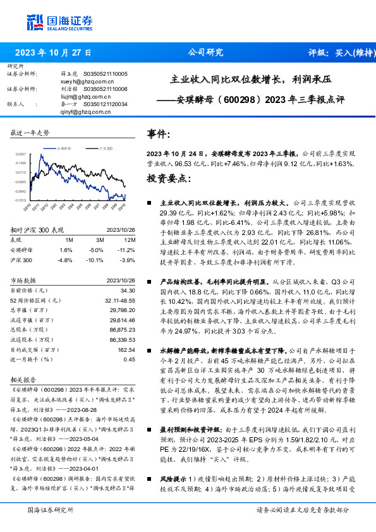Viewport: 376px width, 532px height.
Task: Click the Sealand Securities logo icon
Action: pyautogui.click(x=34, y=23)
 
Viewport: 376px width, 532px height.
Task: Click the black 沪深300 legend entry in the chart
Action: pyautogui.click(x=104, y=147)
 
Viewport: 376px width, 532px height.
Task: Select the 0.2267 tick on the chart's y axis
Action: pyautogui.click(x=21, y=154)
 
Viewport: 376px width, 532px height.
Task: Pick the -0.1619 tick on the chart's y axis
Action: pyautogui.click(x=21, y=200)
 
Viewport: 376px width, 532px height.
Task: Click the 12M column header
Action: pyautogui.click(x=130, y=240)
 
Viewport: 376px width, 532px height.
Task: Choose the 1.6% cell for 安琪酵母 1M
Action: pyautogui.click(x=68, y=250)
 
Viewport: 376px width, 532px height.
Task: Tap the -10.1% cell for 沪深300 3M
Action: pyautogui.click(x=96, y=260)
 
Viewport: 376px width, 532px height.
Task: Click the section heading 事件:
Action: pyautogui.click(x=158, y=134)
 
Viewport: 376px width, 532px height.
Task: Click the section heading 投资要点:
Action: pyautogui.click(x=169, y=179)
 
